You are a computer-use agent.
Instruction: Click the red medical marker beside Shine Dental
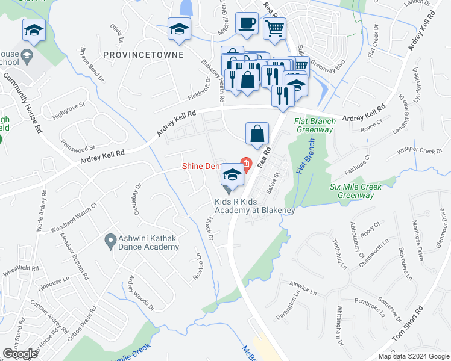246,163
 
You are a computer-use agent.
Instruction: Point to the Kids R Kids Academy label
255,205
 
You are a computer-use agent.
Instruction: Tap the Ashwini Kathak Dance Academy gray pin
110,242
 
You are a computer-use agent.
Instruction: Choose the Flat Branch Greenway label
314,125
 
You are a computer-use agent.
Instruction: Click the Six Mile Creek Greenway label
356,191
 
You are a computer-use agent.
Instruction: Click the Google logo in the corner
20,354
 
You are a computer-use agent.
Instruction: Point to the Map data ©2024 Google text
414,356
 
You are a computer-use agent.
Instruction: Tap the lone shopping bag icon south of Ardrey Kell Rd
257,135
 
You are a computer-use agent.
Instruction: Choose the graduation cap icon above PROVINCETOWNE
179,29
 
